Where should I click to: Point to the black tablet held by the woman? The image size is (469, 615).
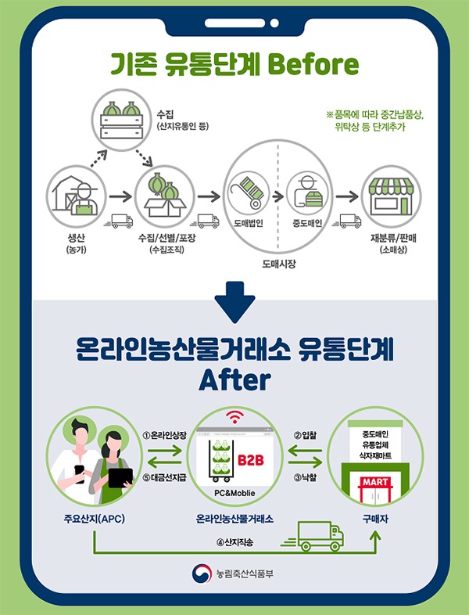(120, 476)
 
